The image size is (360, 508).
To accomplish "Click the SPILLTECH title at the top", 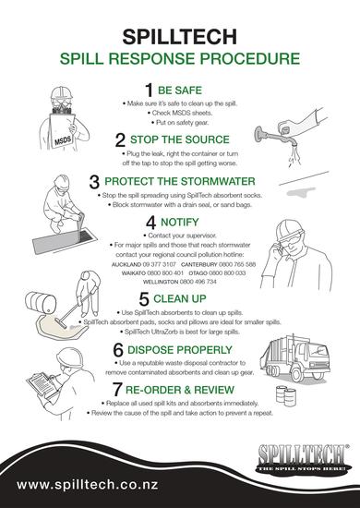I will coord(180,34).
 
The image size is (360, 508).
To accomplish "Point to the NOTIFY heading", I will coord(179,222).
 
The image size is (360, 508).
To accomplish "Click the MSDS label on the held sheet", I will coord(63,142).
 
